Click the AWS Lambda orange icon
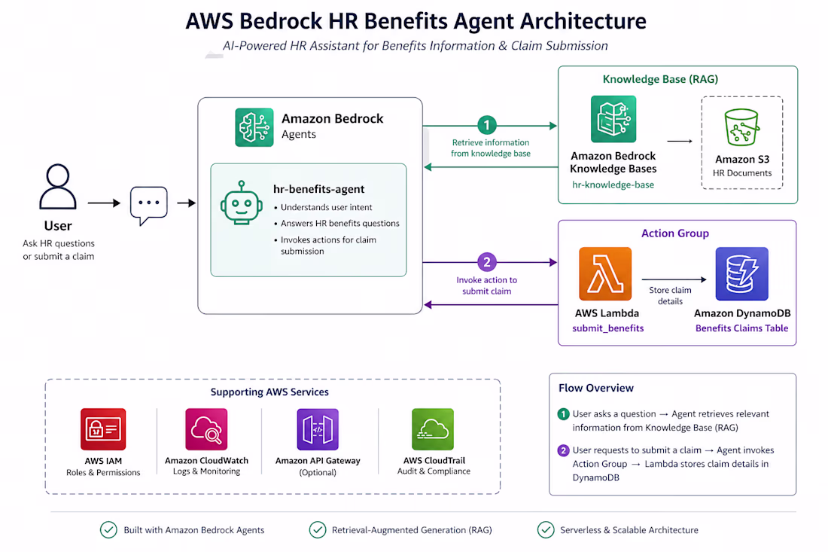pyautogui.click(x=605, y=273)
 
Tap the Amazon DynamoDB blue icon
pyautogui.click(x=741, y=273)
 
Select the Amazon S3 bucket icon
pyautogui.click(x=741, y=127)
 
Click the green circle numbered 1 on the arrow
pyautogui.click(x=486, y=125)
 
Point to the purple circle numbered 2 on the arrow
pyautogui.click(x=486, y=262)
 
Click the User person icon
pyautogui.click(x=57, y=186)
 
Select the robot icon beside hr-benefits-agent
pyautogui.click(x=242, y=203)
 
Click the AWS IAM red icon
pyautogui.click(x=103, y=429)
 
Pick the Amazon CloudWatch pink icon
pyautogui.click(x=206, y=429)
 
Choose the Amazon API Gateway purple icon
pyautogui.click(x=318, y=429)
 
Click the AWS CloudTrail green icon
pyautogui.click(x=433, y=429)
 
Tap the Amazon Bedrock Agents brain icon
pyautogui.click(x=254, y=127)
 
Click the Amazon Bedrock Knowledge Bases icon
pyautogui.click(x=613, y=119)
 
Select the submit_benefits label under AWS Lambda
pyautogui.click(x=607, y=328)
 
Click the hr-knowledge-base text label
pyautogui.click(x=613, y=185)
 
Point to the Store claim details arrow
pyautogui.click(x=674, y=279)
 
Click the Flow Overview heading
pyautogui.click(x=596, y=388)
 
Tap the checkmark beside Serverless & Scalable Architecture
pyautogui.click(x=546, y=529)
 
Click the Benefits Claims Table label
pyautogui.click(x=741, y=328)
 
